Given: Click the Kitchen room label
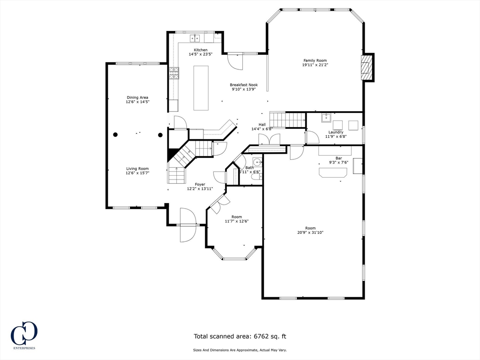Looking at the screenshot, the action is point(201,50).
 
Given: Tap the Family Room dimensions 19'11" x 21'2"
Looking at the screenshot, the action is point(315,65).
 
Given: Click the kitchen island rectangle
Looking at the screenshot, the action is point(201,88).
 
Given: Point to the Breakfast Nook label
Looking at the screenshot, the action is point(243,85).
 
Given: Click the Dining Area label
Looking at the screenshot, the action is point(137,97).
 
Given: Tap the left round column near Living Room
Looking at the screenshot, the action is point(115,135).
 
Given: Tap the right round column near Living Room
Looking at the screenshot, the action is point(160,135).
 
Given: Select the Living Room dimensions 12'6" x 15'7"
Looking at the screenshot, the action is point(137,173).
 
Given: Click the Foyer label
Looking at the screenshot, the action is point(200,184).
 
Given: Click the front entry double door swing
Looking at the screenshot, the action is point(188,225).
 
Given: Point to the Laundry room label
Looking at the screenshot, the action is point(336,132).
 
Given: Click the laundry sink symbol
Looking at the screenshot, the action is point(326,117).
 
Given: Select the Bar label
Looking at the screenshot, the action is point(338,158).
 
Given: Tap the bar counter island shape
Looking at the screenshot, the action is point(333,172).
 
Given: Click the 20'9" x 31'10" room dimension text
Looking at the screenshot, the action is point(310,232).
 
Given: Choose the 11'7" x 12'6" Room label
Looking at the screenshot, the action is point(237,217).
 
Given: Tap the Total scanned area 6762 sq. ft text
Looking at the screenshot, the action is point(240,336).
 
